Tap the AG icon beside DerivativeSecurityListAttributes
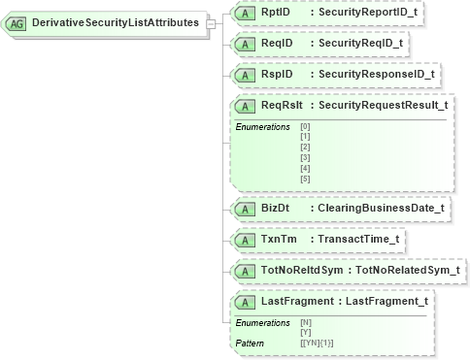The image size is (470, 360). pyautogui.click(x=17, y=22)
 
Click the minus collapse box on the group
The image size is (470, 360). pyautogui.click(x=212, y=22)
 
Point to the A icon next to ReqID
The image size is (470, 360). pyautogui.click(x=247, y=44)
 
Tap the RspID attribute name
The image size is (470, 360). pyautogui.click(x=277, y=73)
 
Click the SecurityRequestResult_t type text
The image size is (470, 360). pyautogui.click(x=383, y=104)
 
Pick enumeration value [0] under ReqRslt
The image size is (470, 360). pyautogui.click(x=306, y=126)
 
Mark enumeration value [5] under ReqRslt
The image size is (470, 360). pyautogui.click(x=306, y=179)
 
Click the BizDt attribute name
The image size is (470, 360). pyautogui.click(x=276, y=209)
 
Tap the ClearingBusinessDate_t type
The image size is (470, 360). pyautogui.click(x=375, y=209)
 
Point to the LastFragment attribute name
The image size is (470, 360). pyautogui.click(x=302, y=301)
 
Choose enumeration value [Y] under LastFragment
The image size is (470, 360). pyautogui.click(x=306, y=332)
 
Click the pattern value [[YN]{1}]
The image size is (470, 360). pyautogui.click(x=318, y=343)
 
